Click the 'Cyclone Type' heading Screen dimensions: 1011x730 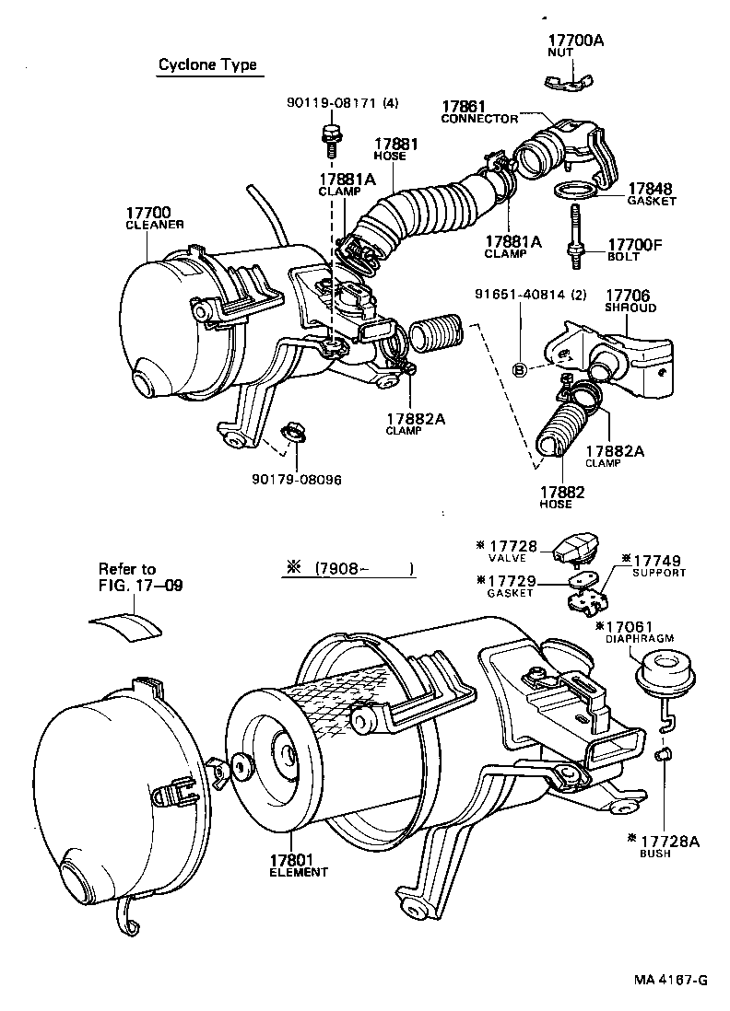tap(207, 65)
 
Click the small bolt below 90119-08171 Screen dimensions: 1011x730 tap(328, 138)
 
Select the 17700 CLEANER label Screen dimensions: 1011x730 tap(154, 217)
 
